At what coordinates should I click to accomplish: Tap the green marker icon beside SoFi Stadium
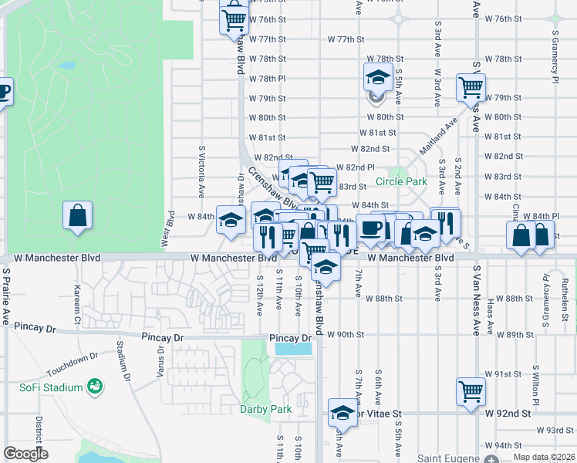(x=96, y=385)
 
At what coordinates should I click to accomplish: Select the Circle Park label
(x=401, y=182)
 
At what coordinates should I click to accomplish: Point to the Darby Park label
(x=258, y=409)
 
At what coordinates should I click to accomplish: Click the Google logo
(x=25, y=454)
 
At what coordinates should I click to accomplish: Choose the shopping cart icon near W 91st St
(x=471, y=390)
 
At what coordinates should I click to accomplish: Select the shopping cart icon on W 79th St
(x=471, y=87)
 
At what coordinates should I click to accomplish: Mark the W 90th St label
(x=345, y=334)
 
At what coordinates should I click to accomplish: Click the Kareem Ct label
(x=77, y=302)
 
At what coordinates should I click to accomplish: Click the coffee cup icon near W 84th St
(x=371, y=228)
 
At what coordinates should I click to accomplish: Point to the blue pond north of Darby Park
(x=293, y=349)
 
